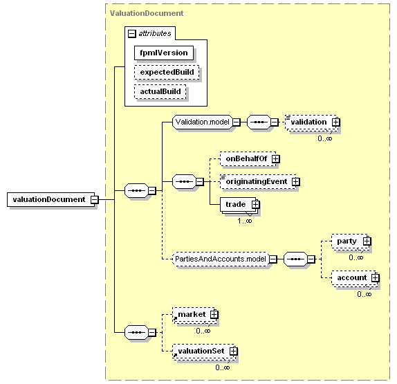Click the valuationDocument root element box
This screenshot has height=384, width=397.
[x=51, y=199]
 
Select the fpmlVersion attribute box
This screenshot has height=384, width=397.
[x=164, y=53]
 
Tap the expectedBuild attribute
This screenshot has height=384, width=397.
[x=167, y=72]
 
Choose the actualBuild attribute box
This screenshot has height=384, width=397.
[x=160, y=92]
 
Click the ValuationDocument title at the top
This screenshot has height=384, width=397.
[x=147, y=13]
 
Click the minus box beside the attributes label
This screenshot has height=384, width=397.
[x=132, y=33]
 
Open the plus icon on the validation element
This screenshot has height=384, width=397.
[x=335, y=122]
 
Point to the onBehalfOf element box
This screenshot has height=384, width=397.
[x=248, y=159]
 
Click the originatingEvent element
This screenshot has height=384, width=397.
[x=258, y=181]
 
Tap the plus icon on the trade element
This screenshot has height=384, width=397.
[x=255, y=204]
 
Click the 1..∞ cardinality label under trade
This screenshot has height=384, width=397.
[x=245, y=221]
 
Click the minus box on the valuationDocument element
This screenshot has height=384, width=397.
[x=95, y=199]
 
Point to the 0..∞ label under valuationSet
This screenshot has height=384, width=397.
[x=223, y=367]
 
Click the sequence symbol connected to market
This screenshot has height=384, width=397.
[x=136, y=333]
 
